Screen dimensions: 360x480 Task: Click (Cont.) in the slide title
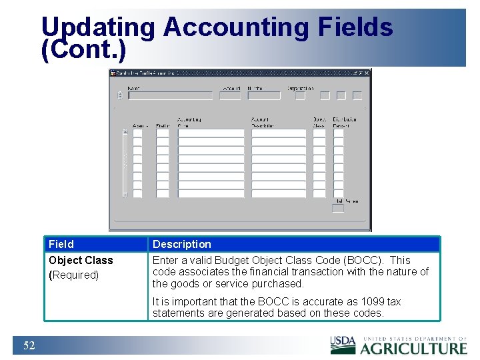83,51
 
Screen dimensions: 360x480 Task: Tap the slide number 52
29,345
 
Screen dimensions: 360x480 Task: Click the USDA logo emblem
343,345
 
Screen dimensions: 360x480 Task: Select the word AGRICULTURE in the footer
413,348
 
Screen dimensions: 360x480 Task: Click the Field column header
61,244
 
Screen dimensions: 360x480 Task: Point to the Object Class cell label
81,260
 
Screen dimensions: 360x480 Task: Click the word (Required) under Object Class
74,275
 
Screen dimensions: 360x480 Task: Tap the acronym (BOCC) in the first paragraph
363,260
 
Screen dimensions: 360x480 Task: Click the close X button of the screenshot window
367,73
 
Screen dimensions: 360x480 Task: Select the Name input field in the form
170,95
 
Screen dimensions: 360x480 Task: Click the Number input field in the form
264,95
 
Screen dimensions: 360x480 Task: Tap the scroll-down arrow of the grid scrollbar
124,195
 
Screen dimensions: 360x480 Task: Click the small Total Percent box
338,209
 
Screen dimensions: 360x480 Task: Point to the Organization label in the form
300,88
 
